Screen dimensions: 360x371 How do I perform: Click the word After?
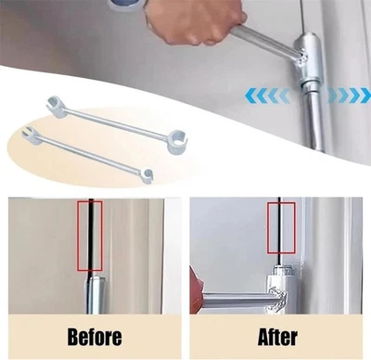click(x=276, y=335)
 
